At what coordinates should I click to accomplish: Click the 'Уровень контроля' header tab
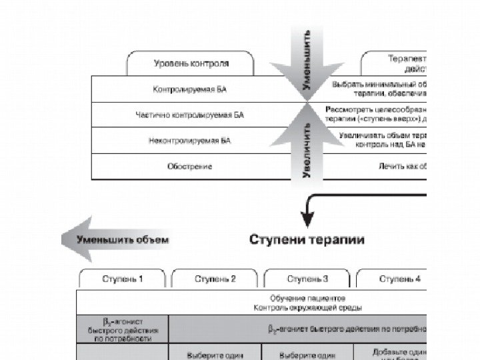(x=191, y=64)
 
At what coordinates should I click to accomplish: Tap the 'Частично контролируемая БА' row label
(x=190, y=115)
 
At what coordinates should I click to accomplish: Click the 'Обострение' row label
(x=190, y=166)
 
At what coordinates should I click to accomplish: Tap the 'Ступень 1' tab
(x=123, y=279)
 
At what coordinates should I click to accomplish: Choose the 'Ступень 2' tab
(x=215, y=279)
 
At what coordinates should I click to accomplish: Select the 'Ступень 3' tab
(x=307, y=279)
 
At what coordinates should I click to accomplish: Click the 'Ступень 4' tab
(x=399, y=279)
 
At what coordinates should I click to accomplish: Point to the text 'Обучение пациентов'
(x=307, y=298)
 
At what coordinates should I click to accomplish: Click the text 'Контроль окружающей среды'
(x=307, y=307)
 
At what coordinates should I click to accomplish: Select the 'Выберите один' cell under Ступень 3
(x=307, y=354)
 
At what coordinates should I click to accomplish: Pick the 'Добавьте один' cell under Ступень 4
(x=399, y=352)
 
